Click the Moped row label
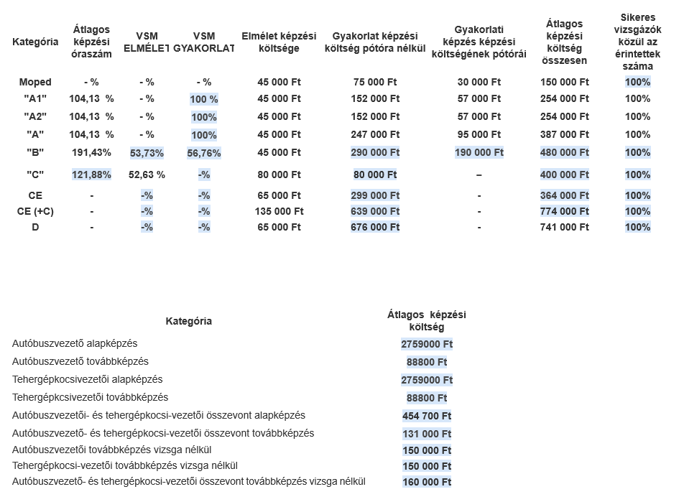coord(35,82)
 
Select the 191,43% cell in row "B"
coord(91,152)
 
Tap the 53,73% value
coord(147,153)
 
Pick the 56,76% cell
coord(204,153)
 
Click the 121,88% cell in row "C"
coord(91,175)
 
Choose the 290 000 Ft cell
coord(375,152)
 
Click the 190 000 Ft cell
coord(479,152)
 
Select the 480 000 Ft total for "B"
coord(564,152)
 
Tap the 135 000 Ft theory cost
coord(279,211)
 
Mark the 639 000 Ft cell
coord(375,211)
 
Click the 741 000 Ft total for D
coord(564,227)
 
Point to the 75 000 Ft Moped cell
coord(375,82)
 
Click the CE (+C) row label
coord(35,211)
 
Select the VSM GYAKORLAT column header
coord(204,42)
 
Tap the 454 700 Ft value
coord(427,416)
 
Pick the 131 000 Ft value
coord(427,434)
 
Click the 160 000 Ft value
coord(427,482)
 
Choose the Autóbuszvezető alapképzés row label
coord(75,344)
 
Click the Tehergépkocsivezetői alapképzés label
coord(88,379)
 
